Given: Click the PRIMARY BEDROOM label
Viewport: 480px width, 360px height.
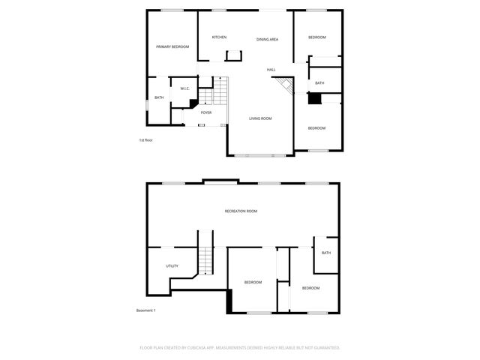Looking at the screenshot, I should (172, 47).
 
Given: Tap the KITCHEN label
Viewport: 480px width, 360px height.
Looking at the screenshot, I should (219, 37).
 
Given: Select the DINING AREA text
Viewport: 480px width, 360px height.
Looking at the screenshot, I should (268, 39).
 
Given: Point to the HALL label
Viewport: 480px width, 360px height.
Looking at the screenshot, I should (271, 70).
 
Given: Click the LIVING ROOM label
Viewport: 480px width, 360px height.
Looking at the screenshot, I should (260, 118).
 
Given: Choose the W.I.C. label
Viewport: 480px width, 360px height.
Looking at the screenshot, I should (184, 89).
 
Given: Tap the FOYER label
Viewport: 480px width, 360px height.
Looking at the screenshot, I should (205, 112).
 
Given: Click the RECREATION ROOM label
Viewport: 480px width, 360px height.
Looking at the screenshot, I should (241, 211).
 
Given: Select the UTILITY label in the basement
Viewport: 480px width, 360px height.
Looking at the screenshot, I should (172, 266).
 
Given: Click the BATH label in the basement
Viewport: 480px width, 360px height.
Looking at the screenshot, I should (326, 253).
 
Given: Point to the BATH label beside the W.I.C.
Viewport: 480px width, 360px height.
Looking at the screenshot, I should (159, 97).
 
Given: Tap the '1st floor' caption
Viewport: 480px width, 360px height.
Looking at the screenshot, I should (145, 140).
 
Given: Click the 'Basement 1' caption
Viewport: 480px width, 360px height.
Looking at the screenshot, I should (145, 310).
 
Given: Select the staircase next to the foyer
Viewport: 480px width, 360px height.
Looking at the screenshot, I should (218, 92).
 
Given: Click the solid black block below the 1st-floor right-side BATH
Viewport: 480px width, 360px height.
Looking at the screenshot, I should (315, 98).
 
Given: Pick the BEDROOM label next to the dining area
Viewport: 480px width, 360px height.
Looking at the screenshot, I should (316, 37).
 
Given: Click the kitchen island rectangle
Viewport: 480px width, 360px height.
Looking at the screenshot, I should (234, 55).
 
